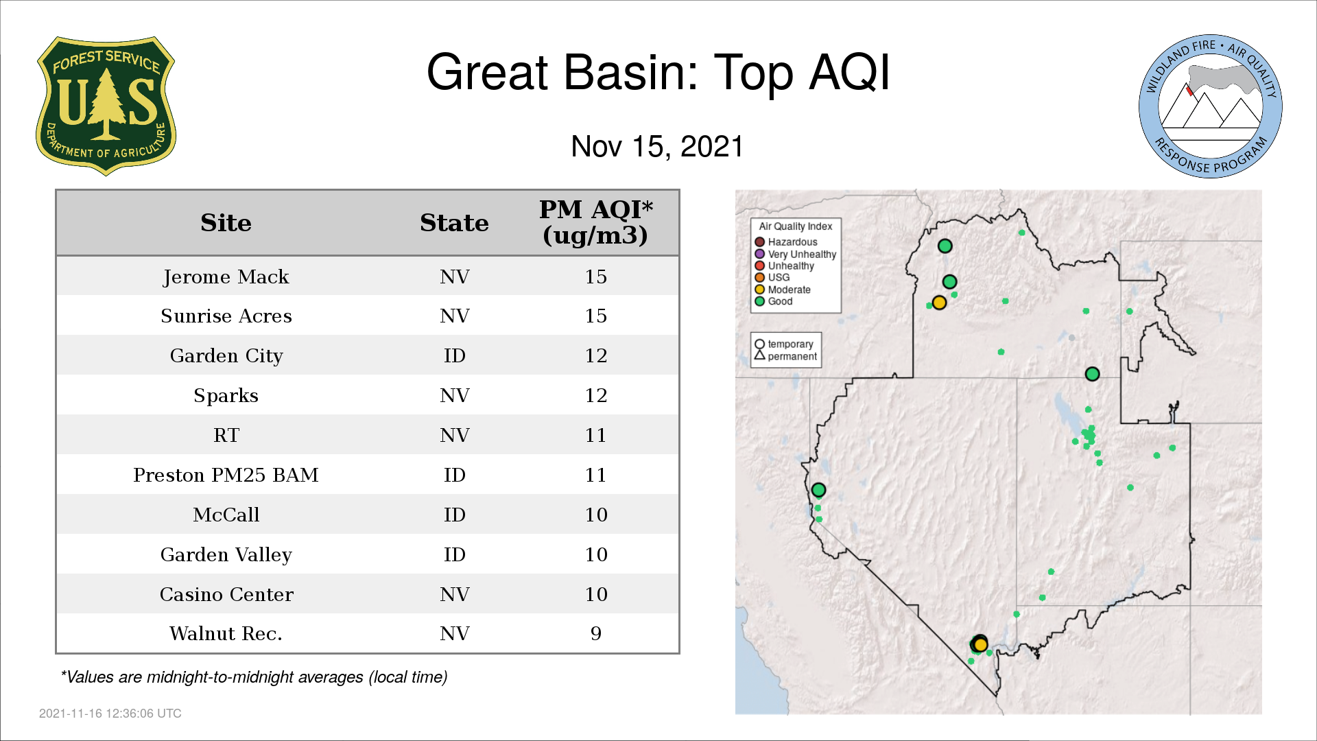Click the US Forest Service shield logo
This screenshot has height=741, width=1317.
pyautogui.click(x=106, y=106)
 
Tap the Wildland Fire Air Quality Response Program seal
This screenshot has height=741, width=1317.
pyautogui.click(x=1210, y=106)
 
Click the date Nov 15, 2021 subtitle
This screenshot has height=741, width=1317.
pyautogui.click(x=657, y=146)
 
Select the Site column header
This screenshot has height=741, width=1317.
pyautogui.click(x=226, y=223)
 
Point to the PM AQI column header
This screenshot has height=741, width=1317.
pyautogui.click(x=595, y=222)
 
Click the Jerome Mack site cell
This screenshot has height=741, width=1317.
pyautogui.click(x=226, y=277)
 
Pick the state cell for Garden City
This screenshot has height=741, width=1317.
pyautogui.click(x=454, y=355)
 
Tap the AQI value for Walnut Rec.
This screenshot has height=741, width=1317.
pyautogui.click(x=595, y=633)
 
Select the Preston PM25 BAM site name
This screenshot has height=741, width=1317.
pyautogui.click(x=226, y=475)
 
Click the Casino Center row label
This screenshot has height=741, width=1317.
pyautogui.click(x=226, y=594)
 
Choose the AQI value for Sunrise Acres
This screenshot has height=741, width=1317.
pyautogui.click(x=595, y=316)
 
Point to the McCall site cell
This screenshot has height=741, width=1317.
pyautogui.click(x=226, y=515)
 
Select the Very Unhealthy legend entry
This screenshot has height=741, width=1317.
pyautogui.click(x=796, y=254)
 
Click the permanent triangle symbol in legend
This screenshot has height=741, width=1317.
pyautogui.click(x=759, y=355)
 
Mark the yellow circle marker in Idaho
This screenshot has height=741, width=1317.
pyautogui.click(x=939, y=303)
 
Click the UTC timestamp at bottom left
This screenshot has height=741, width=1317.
pyautogui.click(x=110, y=714)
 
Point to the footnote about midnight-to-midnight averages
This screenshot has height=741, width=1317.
pyautogui.click(x=254, y=677)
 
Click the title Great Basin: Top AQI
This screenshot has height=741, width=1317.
pyautogui.click(x=658, y=72)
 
